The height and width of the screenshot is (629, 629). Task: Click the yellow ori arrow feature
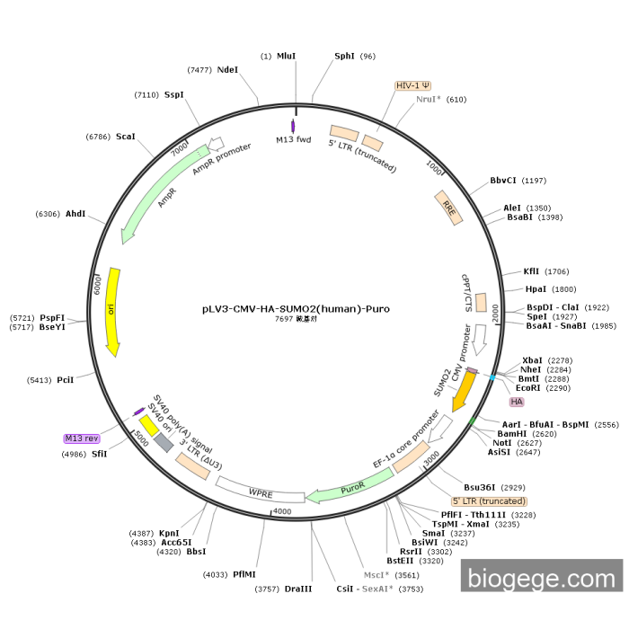pyautogui.click(x=112, y=311)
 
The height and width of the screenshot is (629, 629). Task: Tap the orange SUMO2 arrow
pyautogui.click(x=465, y=390)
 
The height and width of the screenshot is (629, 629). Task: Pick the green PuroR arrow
pyautogui.click(x=350, y=487)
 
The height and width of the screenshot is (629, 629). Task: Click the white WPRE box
pyautogui.click(x=261, y=491)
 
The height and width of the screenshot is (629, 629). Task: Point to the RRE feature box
pyautogui.click(x=449, y=208)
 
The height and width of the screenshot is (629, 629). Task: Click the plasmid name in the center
pyautogui.click(x=296, y=309)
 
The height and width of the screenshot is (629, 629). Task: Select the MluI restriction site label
pyautogui.click(x=286, y=56)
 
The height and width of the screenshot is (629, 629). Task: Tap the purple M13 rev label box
pyautogui.click(x=82, y=439)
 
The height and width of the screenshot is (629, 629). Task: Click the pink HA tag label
pyautogui.click(x=517, y=402)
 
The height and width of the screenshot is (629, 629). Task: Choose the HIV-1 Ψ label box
pyautogui.click(x=412, y=86)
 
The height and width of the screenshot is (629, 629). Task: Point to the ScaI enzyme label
pyautogui.click(x=126, y=137)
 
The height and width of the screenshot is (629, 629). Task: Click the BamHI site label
pyautogui.click(x=512, y=434)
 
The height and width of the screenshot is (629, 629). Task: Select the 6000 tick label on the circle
pyautogui.click(x=97, y=285)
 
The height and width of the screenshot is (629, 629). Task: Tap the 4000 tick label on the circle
pyautogui.click(x=282, y=511)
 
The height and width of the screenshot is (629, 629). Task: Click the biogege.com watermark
pyautogui.click(x=542, y=579)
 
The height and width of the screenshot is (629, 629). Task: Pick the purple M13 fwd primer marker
pyautogui.click(x=293, y=126)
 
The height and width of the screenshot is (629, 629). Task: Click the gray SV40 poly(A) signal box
pyautogui.click(x=164, y=442)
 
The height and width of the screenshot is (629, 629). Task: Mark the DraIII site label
pyautogui.click(x=298, y=589)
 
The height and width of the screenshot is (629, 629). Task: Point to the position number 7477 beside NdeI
pyautogui.click(x=199, y=70)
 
